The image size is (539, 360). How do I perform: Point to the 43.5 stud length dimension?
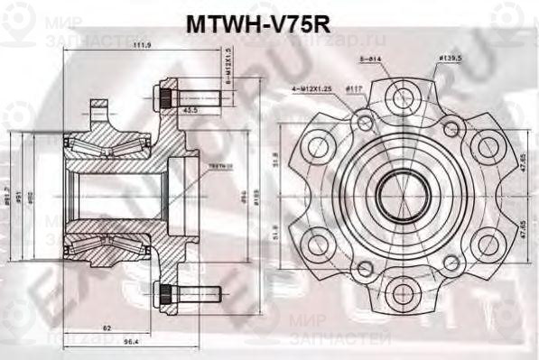[190, 109]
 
